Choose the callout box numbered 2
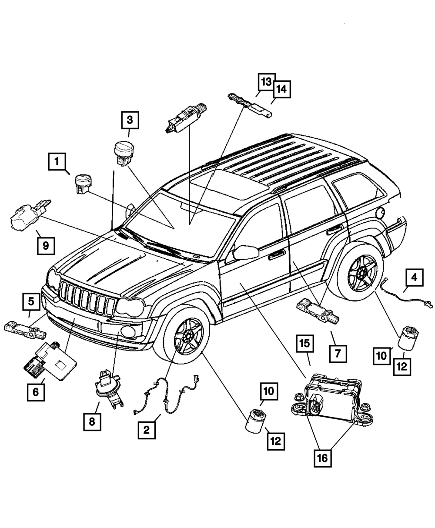click(146, 430)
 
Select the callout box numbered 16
click(324, 457)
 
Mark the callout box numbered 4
click(415, 277)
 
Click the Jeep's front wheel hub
click(188, 335)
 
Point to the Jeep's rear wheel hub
click(361, 273)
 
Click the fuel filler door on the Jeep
click(380, 212)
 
